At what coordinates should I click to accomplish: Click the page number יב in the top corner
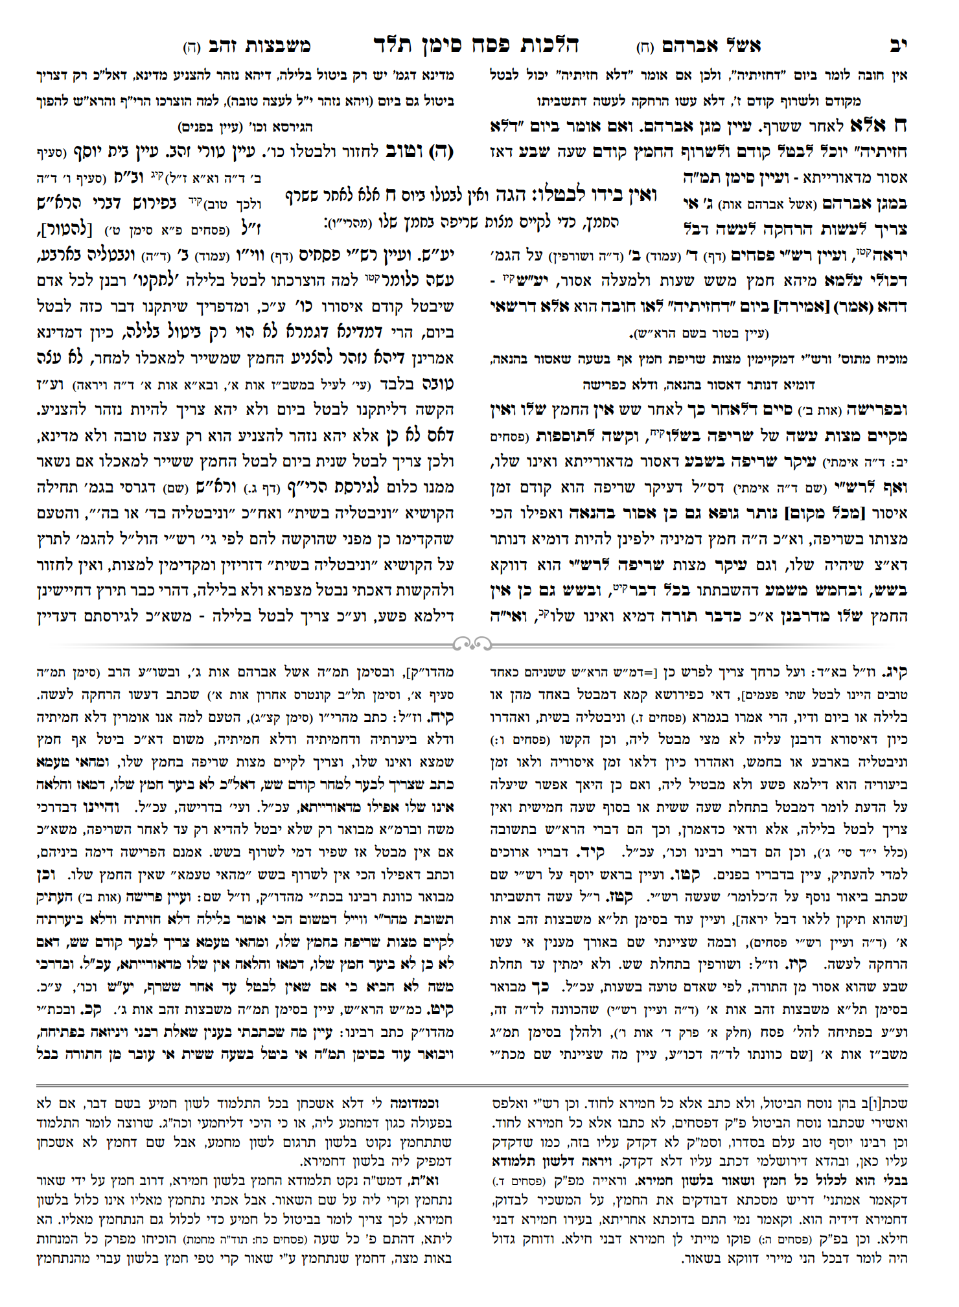click(898, 45)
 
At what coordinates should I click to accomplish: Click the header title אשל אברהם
click(711, 46)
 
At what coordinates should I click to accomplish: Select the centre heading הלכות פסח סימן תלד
click(476, 45)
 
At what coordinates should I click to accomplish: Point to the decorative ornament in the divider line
click(472, 643)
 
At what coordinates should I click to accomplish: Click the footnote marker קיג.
click(898, 672)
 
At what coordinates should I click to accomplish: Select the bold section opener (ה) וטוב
click(421, 152)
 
